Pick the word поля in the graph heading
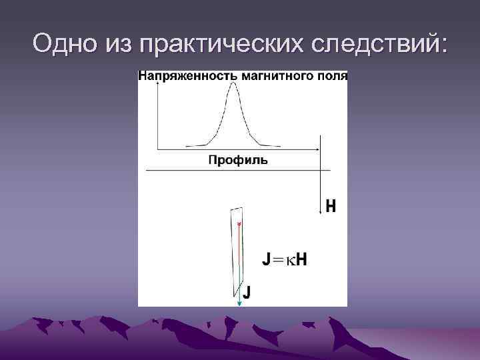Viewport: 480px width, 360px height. click(x=332, y=75)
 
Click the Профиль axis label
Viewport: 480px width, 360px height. click(x=238, y=160)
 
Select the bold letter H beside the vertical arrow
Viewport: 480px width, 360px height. click(x=331, y=207)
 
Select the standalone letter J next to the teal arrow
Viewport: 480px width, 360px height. click(x=247, y=291)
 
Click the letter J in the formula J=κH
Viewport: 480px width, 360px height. click(x=267, y=259)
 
